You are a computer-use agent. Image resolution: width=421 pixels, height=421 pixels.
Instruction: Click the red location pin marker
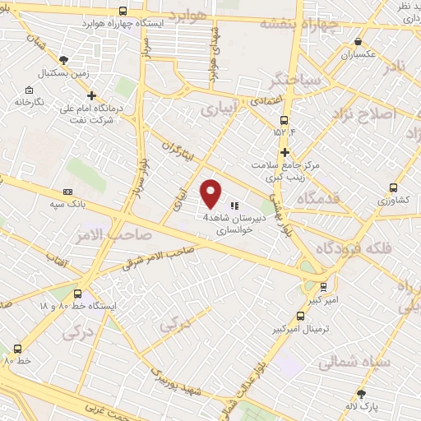point(211,192)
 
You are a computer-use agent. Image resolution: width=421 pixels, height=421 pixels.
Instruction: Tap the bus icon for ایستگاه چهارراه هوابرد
point(123,11)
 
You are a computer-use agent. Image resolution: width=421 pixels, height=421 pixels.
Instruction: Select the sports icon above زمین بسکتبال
point(65,60)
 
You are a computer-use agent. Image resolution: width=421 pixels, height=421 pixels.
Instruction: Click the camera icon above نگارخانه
point(30,90)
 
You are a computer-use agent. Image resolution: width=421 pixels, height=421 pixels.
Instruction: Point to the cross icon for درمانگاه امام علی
point(92,95)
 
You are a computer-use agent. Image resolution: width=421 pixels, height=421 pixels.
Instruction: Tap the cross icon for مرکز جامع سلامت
point(285,152)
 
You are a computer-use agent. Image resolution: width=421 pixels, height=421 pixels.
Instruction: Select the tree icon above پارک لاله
point(360,394)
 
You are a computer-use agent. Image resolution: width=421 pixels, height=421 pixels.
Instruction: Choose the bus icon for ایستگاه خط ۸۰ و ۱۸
point(78,293)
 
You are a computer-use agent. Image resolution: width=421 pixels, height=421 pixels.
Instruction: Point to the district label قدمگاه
point(297,197)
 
